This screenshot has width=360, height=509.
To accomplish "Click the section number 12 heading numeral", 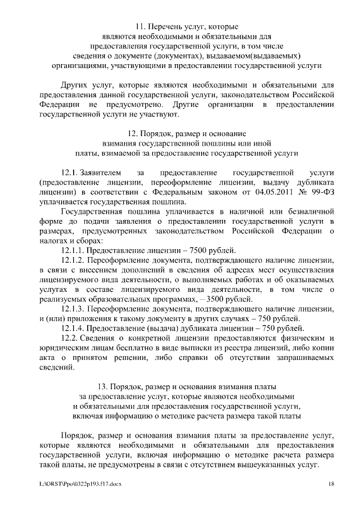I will coord(133,134).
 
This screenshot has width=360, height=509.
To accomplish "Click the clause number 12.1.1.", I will coord(73,250).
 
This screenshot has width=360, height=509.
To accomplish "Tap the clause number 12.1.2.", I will coord(73,260).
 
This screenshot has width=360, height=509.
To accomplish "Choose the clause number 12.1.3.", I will coord(73,309).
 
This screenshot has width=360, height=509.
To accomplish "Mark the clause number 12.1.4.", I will coord(73,328).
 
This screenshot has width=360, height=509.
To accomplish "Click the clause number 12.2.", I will coord(69,338).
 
